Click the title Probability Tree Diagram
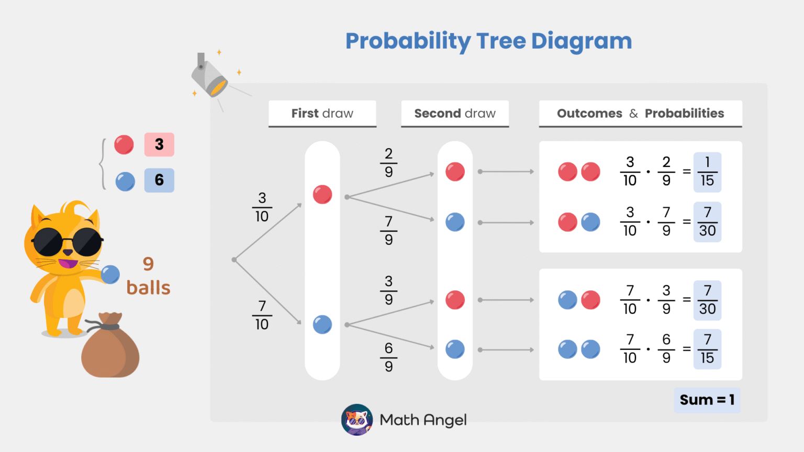click(x=488, y=41)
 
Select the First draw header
click(x=322, y=114)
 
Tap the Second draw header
click(x=455, y=114)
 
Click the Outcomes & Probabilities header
click(x=640, y=114)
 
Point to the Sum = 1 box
click(x=707, y=400)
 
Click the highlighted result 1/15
click(x=707, y=172)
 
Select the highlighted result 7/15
click(x=707, y=349)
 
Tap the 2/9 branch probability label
click(x=388, y=163)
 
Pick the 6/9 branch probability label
click(x=388, y=357)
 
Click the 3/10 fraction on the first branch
click(x=262, y=207)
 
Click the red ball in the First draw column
click(x=322, y=195)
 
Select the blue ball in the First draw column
click(x=322, y=324)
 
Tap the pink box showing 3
click(x=159, y=144)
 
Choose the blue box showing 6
click(x=159, y=180)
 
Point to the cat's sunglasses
click(x=67, y=242)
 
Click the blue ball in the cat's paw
click(x=110, y=274)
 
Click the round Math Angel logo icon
click(x=357, y=420)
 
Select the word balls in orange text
click(x=148, y=288)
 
